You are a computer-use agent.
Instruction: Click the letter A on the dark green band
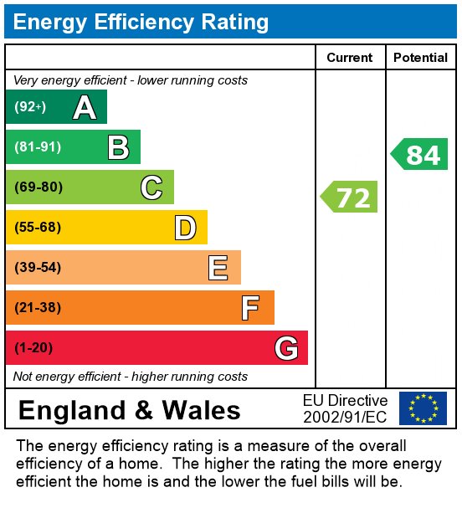pyautogui.click(x=85, y=107)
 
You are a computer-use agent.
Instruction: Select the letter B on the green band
pyautogui.click(x=118, y=147)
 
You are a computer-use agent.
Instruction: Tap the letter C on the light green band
pyautogui.click(x=151, y=187)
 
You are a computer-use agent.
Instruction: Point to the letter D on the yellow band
pyautogui.click(x=185, y=228)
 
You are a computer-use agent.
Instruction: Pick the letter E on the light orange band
pyautogui.click(x=218, y=268)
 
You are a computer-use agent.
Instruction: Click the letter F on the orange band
pyautogui.click(x=250, y=308)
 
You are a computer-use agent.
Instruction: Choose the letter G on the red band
pyautogui.click(x=286, y=348)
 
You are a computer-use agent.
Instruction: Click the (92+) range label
pyautogui.click(x=30, y=107)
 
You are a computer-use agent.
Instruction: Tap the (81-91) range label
pyautogui.click(x=38, y=147)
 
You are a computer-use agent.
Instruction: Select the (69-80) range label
pyautogui.click(x=38, y=187)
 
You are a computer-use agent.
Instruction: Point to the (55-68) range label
pyautogui.click(x=38, y=228)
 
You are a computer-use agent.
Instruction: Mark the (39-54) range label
pyautogui.click(x=38, y=268)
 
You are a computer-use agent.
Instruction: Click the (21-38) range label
pyautogui.click(x=38, y=308)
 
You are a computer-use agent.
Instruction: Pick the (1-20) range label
pyautogui.click(x=33, y=348)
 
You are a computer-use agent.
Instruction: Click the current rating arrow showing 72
pyautogui.click(x=350, y=198)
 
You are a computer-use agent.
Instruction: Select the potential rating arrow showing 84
pyautogui.click(x=420, y=155)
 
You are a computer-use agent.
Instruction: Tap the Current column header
pyautogui.click(x=350, y=58)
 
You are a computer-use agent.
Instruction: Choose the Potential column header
pyautogui.click(x=420, y=58)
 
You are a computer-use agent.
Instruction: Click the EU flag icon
pyautogui.click(x=423, y=408)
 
